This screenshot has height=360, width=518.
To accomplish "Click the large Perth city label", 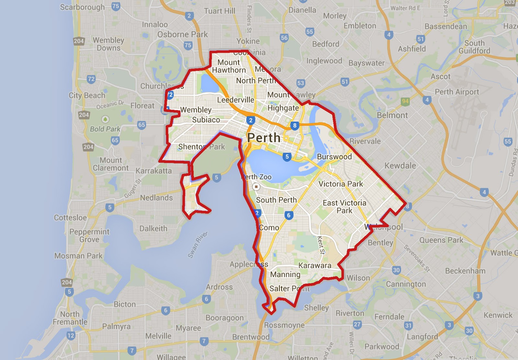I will click(x=264, y=138).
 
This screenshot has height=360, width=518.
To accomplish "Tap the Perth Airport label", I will click(x=457, y=92).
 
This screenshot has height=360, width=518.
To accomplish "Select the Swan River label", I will click(x=197, y=245).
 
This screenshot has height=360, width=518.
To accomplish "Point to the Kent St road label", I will click(x=321, y=245).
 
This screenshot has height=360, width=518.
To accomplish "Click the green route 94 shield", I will click(x=405, y=101).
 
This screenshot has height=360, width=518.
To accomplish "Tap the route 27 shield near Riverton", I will click(x=357, y=324).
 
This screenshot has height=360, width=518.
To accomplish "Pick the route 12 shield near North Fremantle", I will click(x=71, y=335).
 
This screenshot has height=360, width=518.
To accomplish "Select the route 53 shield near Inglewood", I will click(x=301, y=83).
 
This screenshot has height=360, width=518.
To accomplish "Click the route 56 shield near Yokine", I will click(x=284, y=38).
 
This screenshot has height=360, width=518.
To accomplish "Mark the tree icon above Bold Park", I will click(x=105, y=119).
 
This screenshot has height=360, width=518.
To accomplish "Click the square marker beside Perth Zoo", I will click(x=256, y=187).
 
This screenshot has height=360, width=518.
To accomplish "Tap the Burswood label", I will click(x=334, y=157).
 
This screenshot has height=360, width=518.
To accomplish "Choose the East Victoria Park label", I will click(x=344, y=207).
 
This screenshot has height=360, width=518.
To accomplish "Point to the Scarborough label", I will click(x=82, y=7).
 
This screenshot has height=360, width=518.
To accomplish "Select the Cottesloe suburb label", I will click(x=70, y=217).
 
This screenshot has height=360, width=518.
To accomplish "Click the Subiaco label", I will click(x=206, y=120).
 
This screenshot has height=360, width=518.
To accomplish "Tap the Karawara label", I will click(x=315, y=266).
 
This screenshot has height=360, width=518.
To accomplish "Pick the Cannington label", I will click(x=406, y=284).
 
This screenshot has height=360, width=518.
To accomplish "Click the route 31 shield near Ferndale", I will click(x=409, y=325).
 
